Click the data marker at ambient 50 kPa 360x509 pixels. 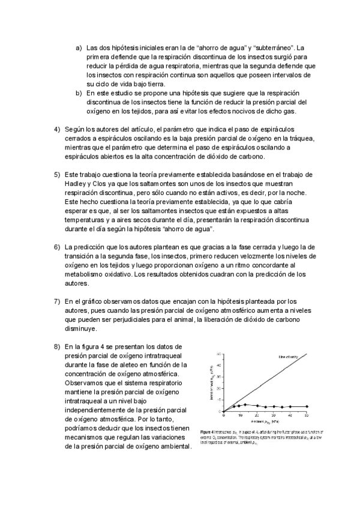(x=307, y=406)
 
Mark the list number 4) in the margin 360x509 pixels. (x=57, y=130)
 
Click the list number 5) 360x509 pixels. (x=57, y=174)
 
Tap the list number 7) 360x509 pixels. (x=57, y=301)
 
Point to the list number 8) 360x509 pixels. (x=57, y=347)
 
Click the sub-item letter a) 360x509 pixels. (x=79, y=48)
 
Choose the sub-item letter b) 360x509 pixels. (x=79, y=94)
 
